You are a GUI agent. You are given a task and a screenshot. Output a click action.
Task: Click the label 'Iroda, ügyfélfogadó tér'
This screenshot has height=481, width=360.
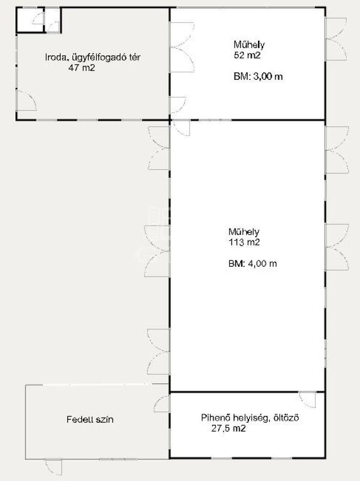pyautogui.click(x=93, y=57)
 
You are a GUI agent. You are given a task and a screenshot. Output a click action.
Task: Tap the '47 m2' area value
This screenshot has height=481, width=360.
pyautogui.click(x=81, y=68)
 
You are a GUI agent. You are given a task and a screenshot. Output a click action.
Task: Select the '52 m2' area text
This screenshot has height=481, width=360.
pyautogui.click(x=247, y=55)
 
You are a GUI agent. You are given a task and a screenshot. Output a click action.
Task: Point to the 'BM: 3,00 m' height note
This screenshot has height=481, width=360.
pyautogui.click(x=258, y=77)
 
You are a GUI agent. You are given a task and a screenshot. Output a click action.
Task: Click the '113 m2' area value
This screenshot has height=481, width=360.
pyautogui.click(x=244, y=242)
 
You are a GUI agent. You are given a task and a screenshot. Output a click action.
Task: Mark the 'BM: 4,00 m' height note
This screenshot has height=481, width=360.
pyautogui.click(x=252, y=264)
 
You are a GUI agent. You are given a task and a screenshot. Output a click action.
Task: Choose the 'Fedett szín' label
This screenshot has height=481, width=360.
pyautogui.click(x=90, y=419)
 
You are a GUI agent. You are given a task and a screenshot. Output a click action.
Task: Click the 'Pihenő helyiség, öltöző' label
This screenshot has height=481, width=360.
pyautogui.click(x=250, y=418)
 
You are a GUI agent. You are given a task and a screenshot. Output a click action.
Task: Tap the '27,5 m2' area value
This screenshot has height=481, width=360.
pyautogui.click(x=228, y=428)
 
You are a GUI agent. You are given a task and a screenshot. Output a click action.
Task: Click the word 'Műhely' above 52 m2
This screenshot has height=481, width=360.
pyautogui.click(x=249, y=45)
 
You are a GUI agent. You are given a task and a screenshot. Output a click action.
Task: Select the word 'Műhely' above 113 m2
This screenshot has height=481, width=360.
pyautogui.click(x=244, y=232)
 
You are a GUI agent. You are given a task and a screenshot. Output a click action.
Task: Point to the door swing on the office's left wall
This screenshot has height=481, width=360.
pyautogui.click(x=26, y=100)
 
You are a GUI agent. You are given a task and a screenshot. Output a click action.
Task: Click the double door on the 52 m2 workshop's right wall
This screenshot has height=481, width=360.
pyautogui.click(x=337, y=39)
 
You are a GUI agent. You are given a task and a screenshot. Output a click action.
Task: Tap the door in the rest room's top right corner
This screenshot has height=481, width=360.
pyautogui.click(x=307, y=400)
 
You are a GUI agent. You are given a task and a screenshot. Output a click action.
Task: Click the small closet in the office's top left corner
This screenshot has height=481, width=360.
pyautogui.click(x=30, y=20)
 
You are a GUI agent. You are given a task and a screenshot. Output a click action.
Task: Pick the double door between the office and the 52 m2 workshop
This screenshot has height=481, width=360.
pyautogui.click(x=182, y=47)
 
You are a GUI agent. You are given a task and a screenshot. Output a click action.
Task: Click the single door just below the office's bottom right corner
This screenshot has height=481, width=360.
pyautogui.click(x=181, y=128)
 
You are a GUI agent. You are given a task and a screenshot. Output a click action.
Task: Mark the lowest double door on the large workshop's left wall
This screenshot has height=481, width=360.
pyautogui.click(x=158, y=351)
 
